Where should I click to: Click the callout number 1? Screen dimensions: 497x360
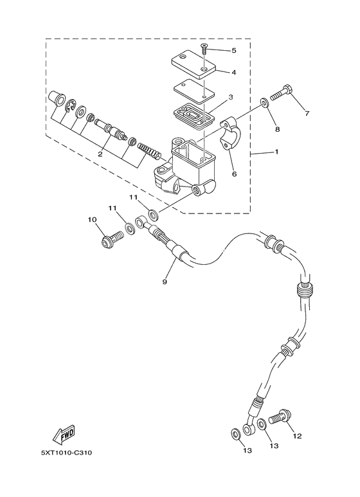(x=277, y=152)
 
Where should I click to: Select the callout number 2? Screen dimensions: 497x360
(x=100, y=154)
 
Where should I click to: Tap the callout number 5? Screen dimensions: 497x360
(x=233, y=50)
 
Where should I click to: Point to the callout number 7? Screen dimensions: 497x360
(x=307, y=114)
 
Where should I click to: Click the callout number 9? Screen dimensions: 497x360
(x=165, y=282)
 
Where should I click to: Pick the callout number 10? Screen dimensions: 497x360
(x=91, y=220)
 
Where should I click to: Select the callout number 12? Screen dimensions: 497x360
(x=296, y=436)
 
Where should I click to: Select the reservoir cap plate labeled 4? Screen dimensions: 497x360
(x=196, y=66)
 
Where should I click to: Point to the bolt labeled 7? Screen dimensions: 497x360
(x=280, y=99)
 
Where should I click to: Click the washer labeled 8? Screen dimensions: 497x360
(x=264, y=102)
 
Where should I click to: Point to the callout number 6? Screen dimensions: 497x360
(x=235, y=174)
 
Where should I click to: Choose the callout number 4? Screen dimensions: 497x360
(x=233, y=73)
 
